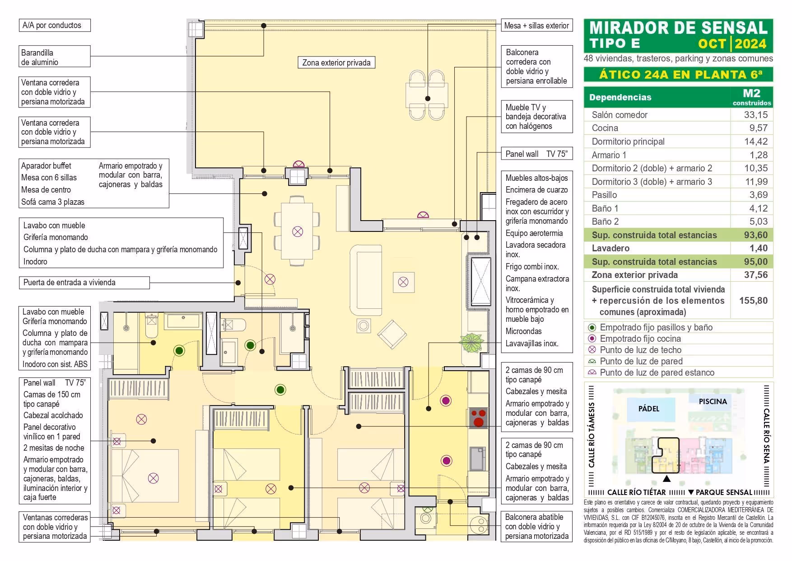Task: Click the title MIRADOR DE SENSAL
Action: pyautogui.click(x=678, y=28)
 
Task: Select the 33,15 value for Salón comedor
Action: pyautogui.click(x=755, y=115)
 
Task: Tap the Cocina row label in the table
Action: pyautogui.click(x=605, y=128)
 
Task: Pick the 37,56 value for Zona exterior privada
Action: pyautogui.click(x=755, y=275)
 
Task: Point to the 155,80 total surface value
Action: pyautogui.click(x=753, y=301)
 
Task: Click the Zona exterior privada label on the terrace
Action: pyautogui.click(x=336, y=63)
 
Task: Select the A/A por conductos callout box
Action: pyautogui.click(x=54, y=25)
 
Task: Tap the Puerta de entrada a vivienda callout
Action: pyautogui.click(x=84, y=283)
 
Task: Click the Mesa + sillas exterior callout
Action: pyautogui.click(x=536, y=26)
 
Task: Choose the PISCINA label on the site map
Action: pyautogui.click(x=713, y=401)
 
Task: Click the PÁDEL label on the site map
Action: pyautogui.click(x=648, y=409)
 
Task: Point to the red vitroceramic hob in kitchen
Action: pyautogui.click(x=478, y=418)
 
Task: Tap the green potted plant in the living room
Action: pyautogui.click(x=471, y=343)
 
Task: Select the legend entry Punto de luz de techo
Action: pyautogui.click(x=640, y=350)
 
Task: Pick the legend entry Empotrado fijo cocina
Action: pyautogui.click(x=640, y=339)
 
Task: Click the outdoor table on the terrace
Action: pyautogui.click(x=427, y=96)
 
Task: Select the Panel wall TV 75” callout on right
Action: pyautogui.click(x=536, y=154)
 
